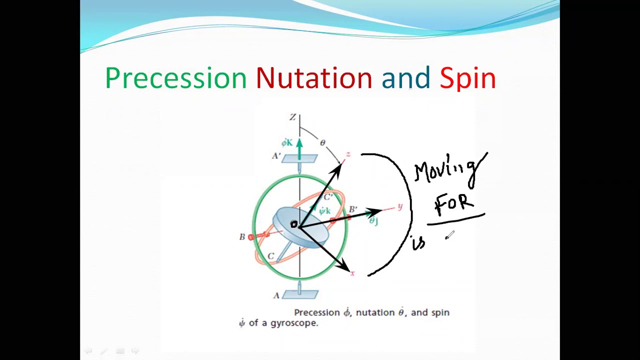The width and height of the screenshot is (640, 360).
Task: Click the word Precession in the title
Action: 175,78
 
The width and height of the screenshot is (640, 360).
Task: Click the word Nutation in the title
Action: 313,78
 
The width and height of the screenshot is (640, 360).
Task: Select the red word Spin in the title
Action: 467,78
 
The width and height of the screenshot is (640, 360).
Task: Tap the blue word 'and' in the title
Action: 405,78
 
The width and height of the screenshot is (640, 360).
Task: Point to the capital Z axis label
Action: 292,117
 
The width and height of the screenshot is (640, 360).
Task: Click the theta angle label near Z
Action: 322,143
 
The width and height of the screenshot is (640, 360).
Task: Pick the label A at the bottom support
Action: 276,295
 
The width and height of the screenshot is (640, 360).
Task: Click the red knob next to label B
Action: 251,237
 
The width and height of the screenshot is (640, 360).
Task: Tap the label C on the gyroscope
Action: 270,256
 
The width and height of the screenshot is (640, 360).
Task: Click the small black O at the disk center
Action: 293,225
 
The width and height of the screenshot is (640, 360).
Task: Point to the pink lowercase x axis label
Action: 352,273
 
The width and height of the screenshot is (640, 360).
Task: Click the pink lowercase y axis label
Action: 399,206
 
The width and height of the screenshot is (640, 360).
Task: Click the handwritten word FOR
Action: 454,203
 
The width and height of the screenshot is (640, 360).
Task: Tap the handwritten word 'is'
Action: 418,243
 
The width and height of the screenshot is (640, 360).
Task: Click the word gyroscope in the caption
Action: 294,323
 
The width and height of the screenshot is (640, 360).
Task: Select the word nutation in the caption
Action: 375,312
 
